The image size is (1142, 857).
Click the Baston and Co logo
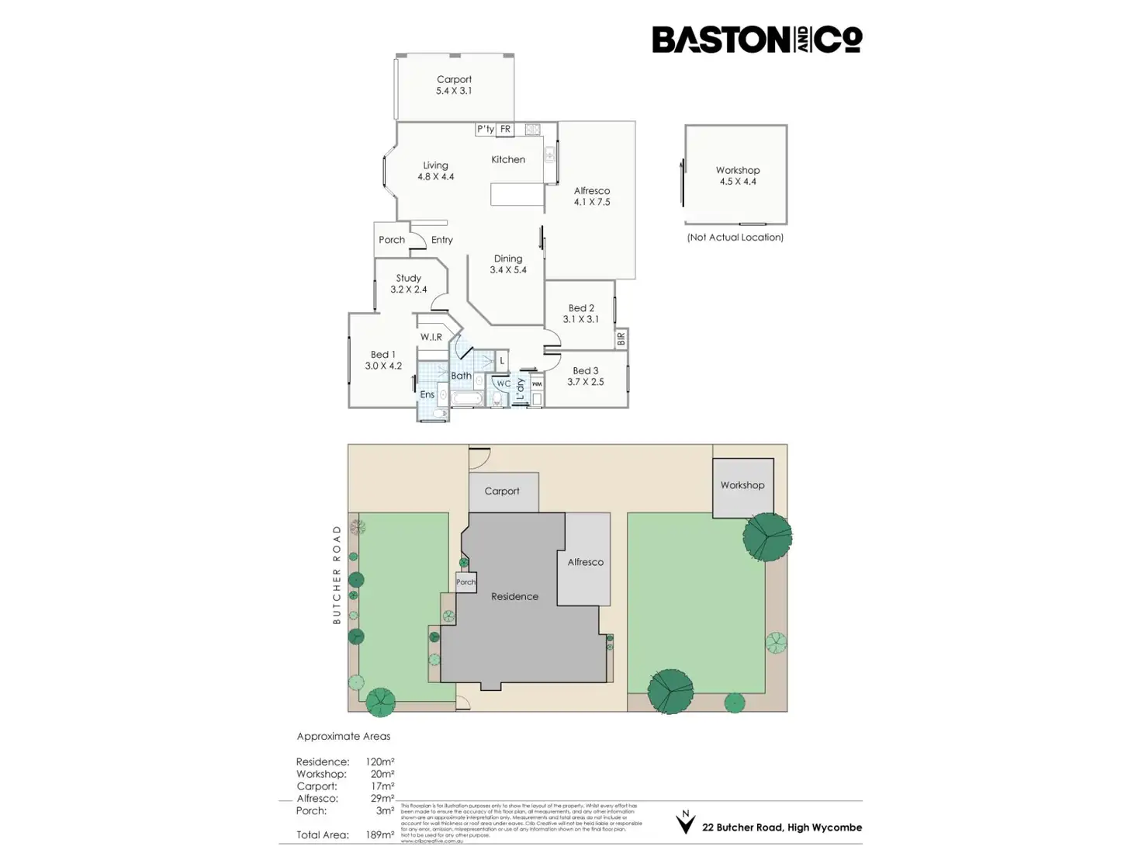756,40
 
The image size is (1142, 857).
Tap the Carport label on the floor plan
454,85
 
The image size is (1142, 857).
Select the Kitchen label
508,160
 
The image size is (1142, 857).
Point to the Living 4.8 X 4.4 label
435,171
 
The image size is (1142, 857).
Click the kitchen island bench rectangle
517,195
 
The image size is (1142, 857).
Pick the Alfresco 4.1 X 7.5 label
592,196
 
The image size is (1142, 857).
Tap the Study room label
408,283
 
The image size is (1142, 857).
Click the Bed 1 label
383,360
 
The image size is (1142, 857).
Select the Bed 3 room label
585,376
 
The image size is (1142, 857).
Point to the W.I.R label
431,338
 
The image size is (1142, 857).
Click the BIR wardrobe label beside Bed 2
621,339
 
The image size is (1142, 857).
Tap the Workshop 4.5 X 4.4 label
737,175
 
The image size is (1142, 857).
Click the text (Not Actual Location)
735,238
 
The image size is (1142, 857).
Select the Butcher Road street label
337,574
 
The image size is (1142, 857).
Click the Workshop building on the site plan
742,487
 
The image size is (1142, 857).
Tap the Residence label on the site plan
514,597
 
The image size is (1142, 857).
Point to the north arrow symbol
685,822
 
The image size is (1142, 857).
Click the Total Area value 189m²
379,835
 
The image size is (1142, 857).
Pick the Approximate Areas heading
344,737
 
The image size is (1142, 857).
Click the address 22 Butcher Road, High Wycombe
781,828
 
